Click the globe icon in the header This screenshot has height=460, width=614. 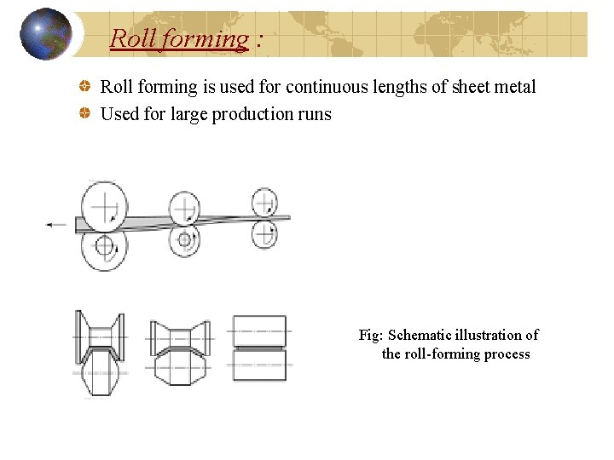45,34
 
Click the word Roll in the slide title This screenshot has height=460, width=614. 129,38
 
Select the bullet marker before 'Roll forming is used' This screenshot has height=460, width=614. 85,87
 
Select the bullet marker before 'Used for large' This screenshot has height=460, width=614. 85,113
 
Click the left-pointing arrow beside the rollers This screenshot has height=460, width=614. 56,224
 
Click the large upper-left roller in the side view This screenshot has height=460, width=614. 104,205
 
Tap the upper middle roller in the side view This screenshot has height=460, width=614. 185,208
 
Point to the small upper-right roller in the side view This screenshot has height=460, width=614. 265,203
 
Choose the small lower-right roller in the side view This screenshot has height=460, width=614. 265,233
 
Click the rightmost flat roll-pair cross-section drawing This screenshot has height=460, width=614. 259,348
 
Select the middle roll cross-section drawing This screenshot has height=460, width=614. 180,352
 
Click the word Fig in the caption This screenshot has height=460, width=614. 369,336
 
